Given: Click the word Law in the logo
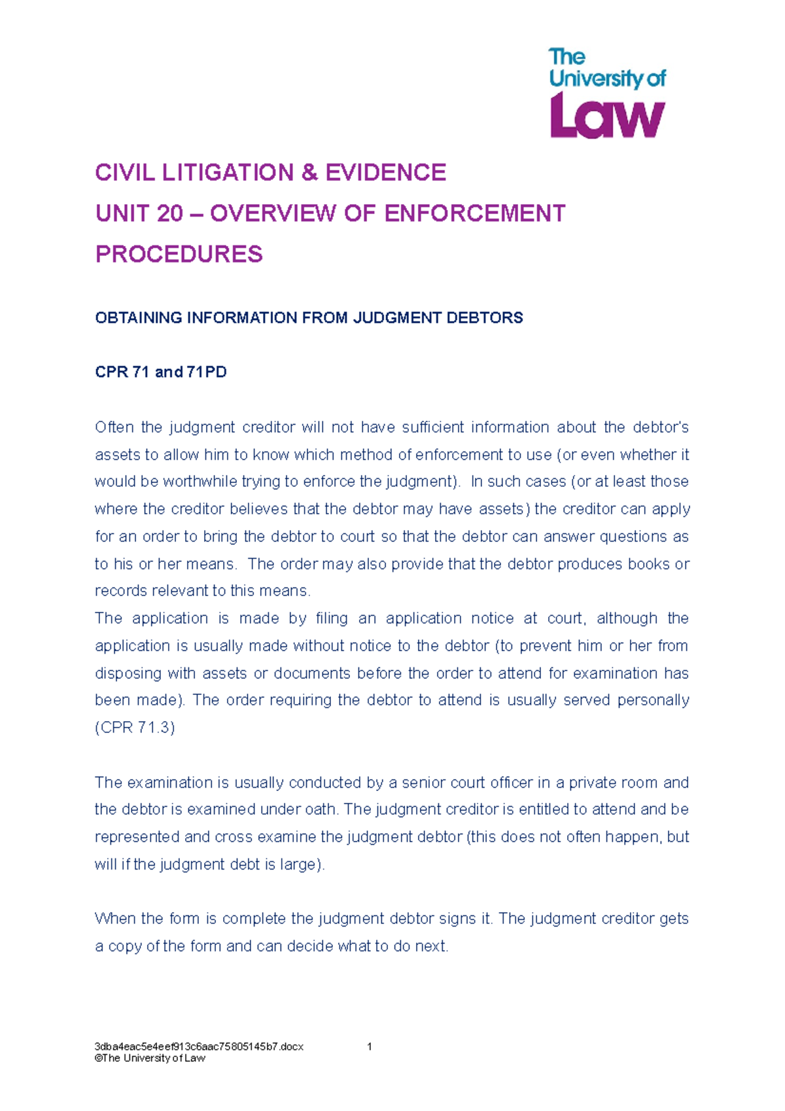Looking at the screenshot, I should point(607,116).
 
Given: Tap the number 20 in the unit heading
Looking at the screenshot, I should point(169,214).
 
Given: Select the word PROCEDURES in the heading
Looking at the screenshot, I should point(179,255).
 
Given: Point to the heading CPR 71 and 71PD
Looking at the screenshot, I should point(161,372).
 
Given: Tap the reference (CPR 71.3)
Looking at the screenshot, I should point(135,728).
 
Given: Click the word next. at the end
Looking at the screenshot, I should point(432,946).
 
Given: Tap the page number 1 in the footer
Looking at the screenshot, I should point(370,1046).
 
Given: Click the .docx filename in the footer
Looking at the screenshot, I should point(199,1046).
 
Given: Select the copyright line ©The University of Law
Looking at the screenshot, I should point(150,1058).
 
